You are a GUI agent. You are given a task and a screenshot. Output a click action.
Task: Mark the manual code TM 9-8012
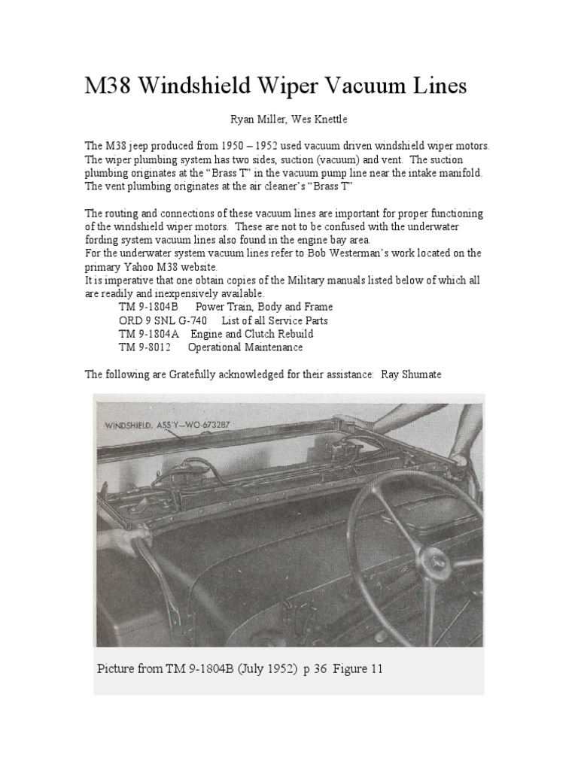(x=144, y=347)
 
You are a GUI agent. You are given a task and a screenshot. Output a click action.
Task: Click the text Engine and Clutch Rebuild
(x=252, y=334)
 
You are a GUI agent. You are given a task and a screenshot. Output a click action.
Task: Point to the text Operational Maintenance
(x=245, y=347)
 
